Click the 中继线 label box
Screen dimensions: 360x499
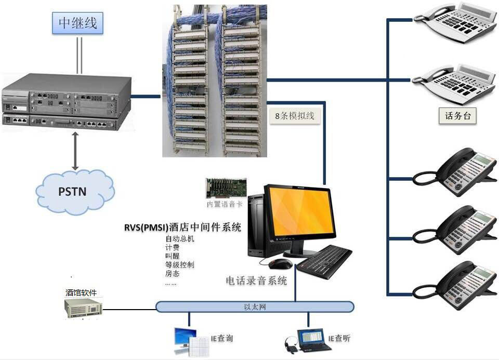pyautogui.click(x=78, y=23)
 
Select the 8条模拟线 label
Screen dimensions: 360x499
pyautogui.click(x=295, y=116)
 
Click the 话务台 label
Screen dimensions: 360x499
pyautogui.click(x=457, y=116)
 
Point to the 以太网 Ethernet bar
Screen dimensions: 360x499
pyautogui.click(x=255, y=306)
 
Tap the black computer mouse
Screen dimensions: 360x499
pyautogui.click(x=280, y=263)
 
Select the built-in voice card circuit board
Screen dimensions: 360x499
pyautogui.click(x=226, y=188)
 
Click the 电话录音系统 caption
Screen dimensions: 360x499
pyautogui.click(x=256, y=281)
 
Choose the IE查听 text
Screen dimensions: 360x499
pyautogui.click(x=339, y=338)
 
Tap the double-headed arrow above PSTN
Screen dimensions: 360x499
pyautogui.click(x=75, y=151)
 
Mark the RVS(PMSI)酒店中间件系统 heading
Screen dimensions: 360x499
pyautogui.click(x=182, y=227)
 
